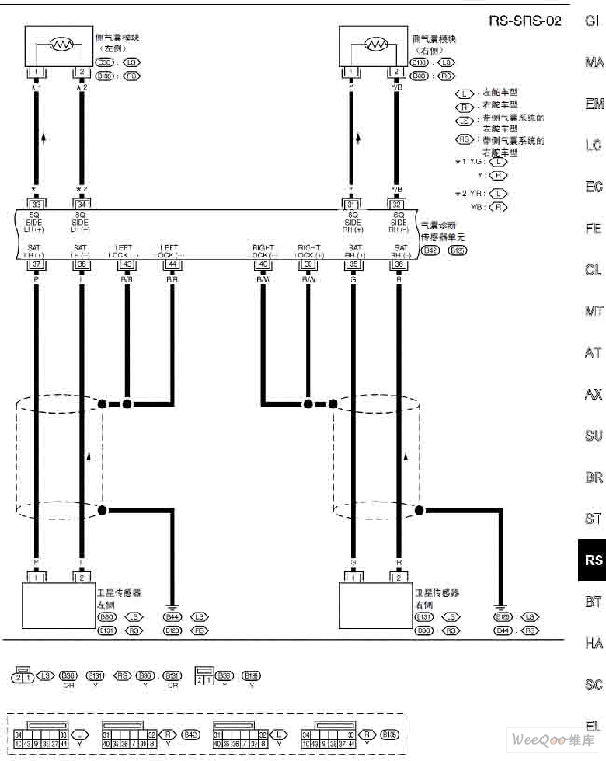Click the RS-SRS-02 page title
point(525,21)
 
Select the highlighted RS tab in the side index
point(593,560)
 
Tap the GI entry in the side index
point(593,21)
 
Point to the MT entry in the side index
point(594,311)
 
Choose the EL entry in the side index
point(593,726)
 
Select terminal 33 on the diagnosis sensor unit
point(36,204)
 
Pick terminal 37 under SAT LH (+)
point(36,264)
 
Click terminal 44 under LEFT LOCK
point(172,264)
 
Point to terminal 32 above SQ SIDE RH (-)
point(398,204)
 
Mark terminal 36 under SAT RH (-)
point(398,264)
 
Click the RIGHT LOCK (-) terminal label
point(262,251)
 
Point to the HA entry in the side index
point(594,643)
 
